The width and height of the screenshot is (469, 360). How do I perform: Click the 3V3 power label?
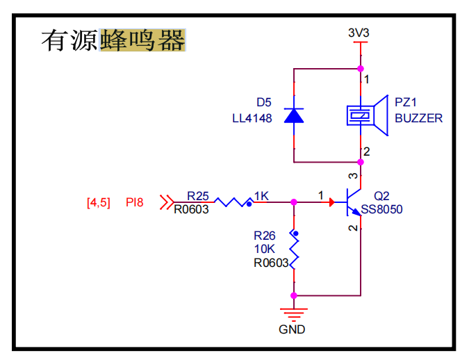[359, 32]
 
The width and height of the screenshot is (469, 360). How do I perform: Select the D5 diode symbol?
[294, 115]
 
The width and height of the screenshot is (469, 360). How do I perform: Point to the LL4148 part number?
[252, 118]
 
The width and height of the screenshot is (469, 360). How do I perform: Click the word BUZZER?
[418, 118]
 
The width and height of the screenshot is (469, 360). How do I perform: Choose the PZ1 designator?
[406, 102]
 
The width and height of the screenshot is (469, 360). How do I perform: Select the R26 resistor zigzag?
[294, 252]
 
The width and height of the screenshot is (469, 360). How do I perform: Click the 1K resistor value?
[262, 195]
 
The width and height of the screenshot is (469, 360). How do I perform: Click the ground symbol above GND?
[293, 311]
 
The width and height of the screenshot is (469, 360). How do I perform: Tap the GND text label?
[292, 329]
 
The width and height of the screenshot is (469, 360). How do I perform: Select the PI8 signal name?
[134, 203]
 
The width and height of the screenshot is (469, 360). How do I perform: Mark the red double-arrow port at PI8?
[166, 202]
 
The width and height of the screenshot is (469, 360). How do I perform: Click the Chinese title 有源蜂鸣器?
[113, 41]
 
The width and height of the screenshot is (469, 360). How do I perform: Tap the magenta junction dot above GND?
[294, 295]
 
